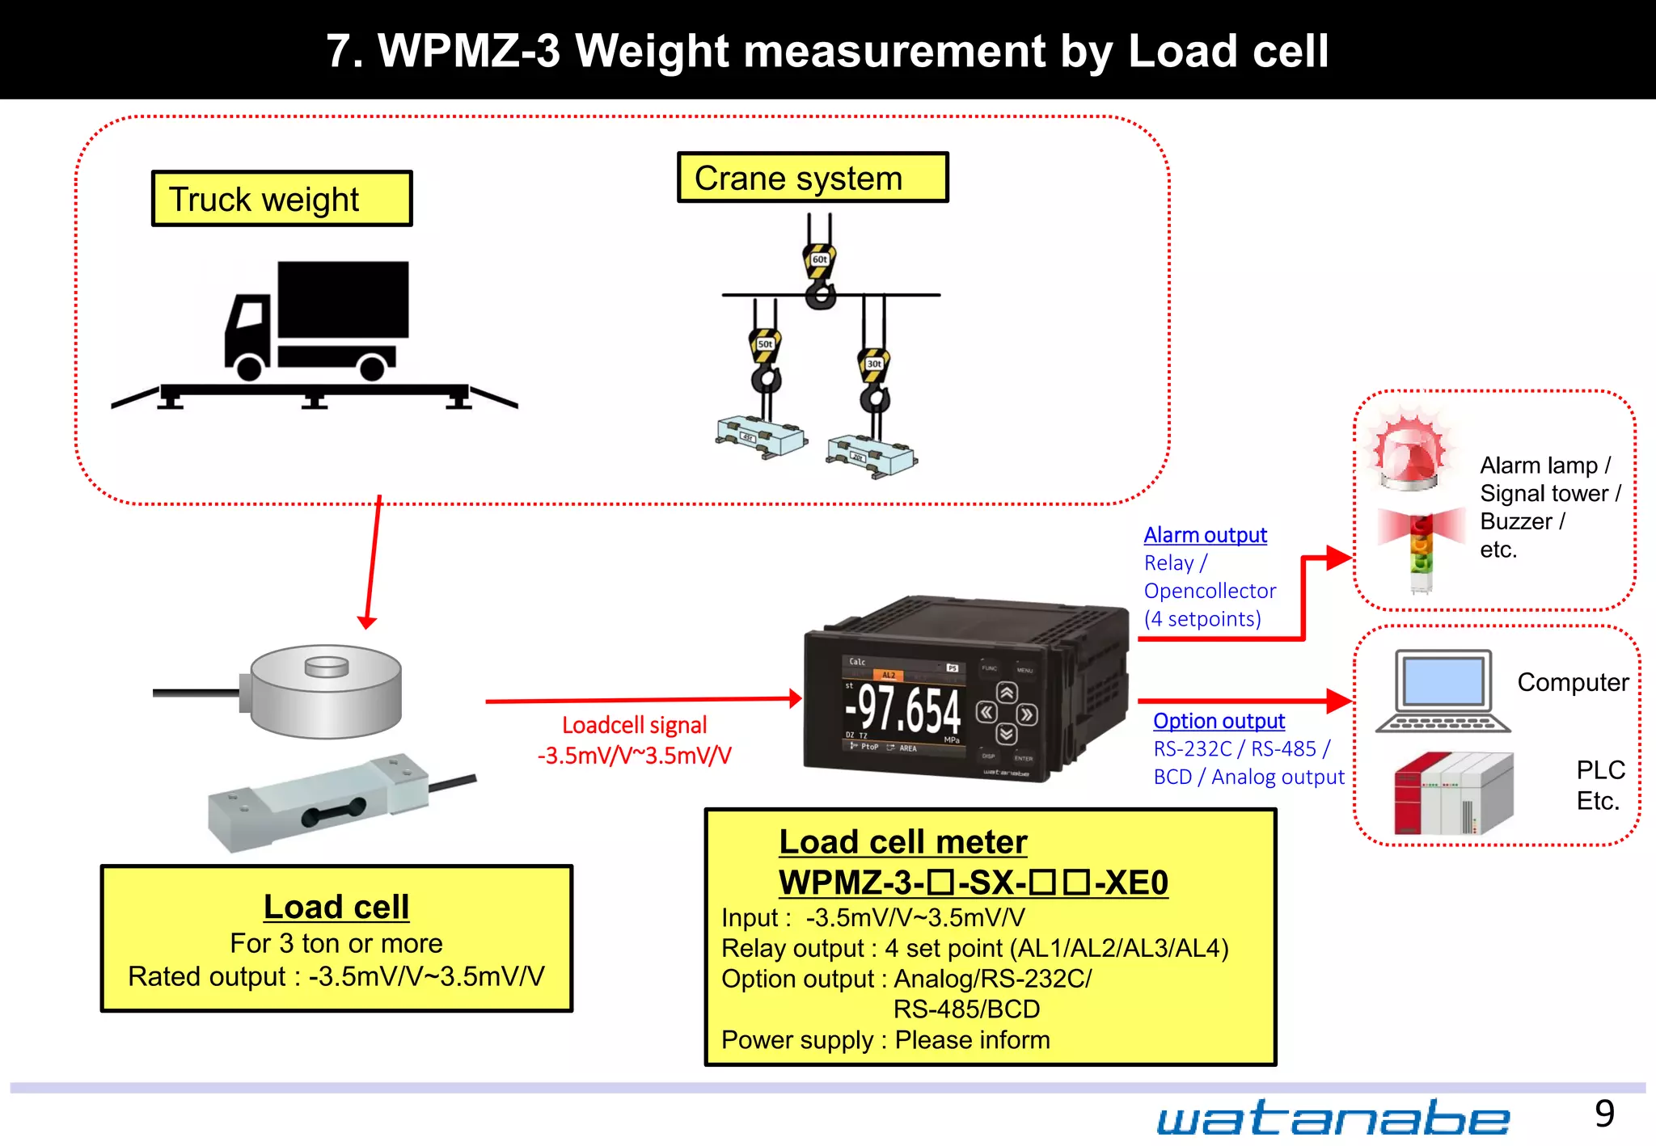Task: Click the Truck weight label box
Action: click(281, 199)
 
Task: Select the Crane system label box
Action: click(812, 178)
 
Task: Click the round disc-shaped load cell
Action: click(326, 691)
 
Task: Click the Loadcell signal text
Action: click(634, 725)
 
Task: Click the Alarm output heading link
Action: click(1205, 535)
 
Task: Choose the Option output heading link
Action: click(1219, 721)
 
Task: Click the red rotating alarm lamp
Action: click(1412, 453)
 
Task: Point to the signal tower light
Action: click(1422, 550)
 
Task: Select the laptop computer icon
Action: click(1443, 692)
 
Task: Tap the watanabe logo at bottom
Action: click(1333, 1119)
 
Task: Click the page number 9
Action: click(1604, 1114)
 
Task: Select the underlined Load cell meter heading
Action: click(902, 842)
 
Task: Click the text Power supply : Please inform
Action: click(885, 1040)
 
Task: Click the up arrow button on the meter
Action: click(1006, 693)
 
